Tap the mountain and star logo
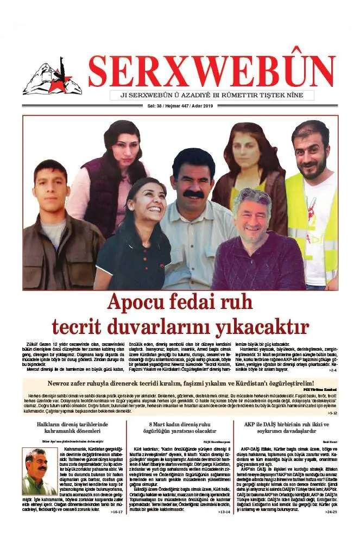click(x=52, y=77)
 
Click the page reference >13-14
click(x=224, y=512)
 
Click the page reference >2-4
click(x=332, y=370)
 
